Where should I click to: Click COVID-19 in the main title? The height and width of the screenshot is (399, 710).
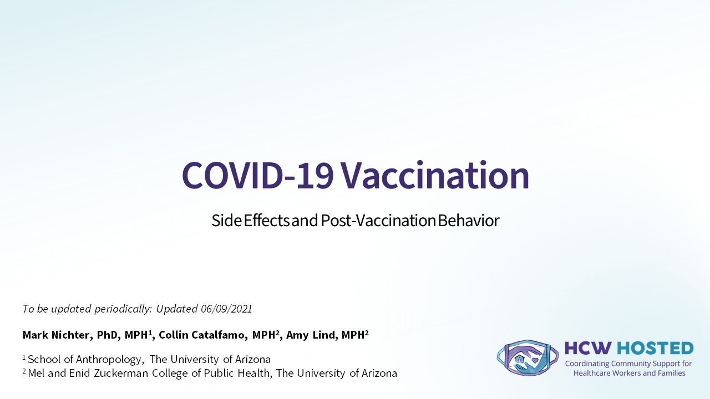coord(257,176)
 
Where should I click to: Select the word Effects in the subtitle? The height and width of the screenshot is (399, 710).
coord(266,221)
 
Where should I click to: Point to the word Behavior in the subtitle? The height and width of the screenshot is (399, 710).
coord(469,221)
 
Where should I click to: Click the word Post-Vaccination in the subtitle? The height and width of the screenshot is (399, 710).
coord(378,221)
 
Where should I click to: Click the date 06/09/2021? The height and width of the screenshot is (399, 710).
coord(227,309)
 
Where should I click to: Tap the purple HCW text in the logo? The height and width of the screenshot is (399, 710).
coord(589,348)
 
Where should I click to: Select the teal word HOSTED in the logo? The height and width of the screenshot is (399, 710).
coord(656,348)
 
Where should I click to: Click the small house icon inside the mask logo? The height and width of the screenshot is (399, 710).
coord(520,359)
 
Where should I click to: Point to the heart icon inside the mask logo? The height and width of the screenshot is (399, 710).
coord(535,360)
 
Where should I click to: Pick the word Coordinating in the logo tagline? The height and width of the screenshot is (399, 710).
coord(587,364)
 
